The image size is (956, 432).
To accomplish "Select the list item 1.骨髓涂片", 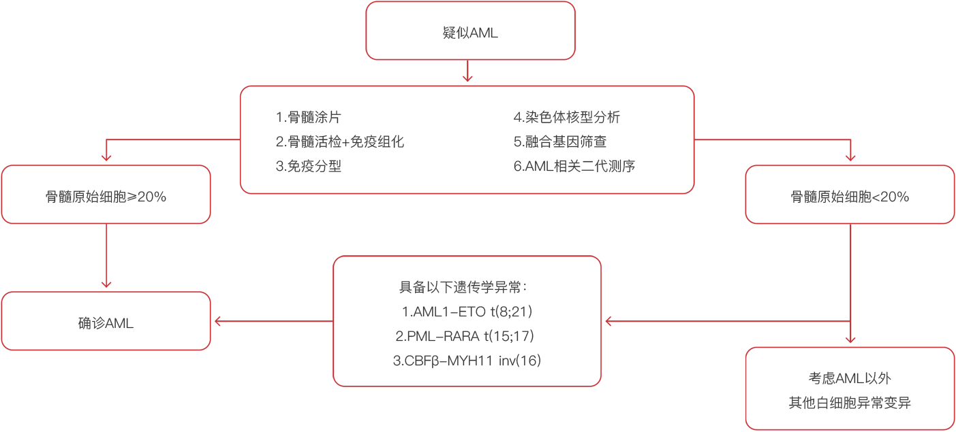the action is coord(308,117).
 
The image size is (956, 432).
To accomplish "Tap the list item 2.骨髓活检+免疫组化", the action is coord(340,142).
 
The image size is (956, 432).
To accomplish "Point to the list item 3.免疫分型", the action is coord(308,166).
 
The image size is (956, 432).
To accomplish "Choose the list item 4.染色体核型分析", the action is coord(567,117).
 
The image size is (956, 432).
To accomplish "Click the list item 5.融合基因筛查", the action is coord(560,142).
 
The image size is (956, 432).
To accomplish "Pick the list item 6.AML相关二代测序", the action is coord(574,166).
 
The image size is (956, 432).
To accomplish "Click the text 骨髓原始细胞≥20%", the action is coord(106,197).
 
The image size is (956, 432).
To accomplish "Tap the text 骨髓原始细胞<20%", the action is coord(850,197).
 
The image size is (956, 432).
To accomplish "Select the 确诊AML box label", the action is coord(106,323).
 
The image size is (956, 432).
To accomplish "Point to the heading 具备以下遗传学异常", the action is coord(463,287).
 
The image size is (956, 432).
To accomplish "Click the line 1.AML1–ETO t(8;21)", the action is coord(467,312).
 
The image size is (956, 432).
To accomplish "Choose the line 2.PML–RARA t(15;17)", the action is coord(465,336).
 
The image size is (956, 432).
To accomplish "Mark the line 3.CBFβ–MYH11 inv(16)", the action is coord(467,361).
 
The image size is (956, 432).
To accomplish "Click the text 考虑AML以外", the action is coord(850,378).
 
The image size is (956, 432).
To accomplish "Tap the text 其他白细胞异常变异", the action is coord(850,403).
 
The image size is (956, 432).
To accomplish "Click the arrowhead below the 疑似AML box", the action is coord(467,78).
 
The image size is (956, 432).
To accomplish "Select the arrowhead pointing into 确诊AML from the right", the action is coord(217,321).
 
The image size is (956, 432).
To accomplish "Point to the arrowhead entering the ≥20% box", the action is coord(106,158).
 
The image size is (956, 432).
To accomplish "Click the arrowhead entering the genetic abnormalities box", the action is coord(608,321).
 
